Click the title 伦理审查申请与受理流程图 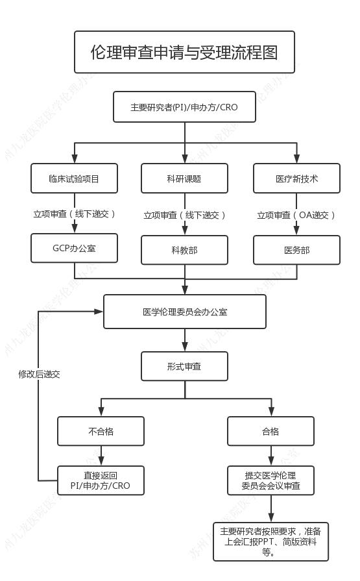click(x=184, y=52)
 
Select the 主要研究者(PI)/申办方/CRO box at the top click(x=184, y=107)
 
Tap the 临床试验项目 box click(x=74, y=178)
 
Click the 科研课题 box click(x=184, y=178)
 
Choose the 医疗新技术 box click(x=296, y=178)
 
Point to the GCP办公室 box click(x=74, y=249)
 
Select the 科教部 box click(x=184, y=250)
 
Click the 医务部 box click(x=296, y=250)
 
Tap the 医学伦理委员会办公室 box click(x=185, y=312)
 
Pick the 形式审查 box click(x=184, y=366)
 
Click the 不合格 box click(x=101, y=431)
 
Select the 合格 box click(x=270, y=431)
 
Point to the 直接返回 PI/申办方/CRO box click(x=101, y=481)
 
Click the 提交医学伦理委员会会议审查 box click(x=270, y=481)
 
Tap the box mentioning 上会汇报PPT click(x=270, y=541)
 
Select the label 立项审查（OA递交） click(x=296, y=215)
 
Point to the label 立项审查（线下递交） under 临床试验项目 click(x=74, y=213)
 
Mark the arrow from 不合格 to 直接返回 click(x=101, y=456)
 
